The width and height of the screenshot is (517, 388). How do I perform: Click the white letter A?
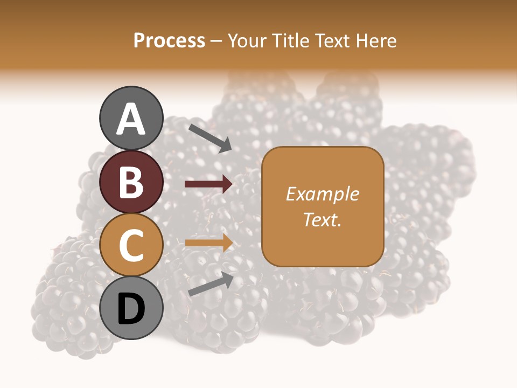[131, 120]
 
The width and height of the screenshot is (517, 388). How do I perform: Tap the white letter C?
[131, 246]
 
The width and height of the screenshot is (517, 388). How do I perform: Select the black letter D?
[131, 309]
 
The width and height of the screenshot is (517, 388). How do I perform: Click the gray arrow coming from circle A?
[209, 137]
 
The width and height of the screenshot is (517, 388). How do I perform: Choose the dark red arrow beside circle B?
[208, 184]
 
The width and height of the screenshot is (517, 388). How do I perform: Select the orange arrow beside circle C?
[208, 242]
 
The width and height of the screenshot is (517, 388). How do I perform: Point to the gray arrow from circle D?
[211, 284]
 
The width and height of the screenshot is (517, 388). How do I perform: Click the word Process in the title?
[169, 41]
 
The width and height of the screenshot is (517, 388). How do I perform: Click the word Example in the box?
[322, 194]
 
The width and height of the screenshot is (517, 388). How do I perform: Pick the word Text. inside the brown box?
[322, 219]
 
